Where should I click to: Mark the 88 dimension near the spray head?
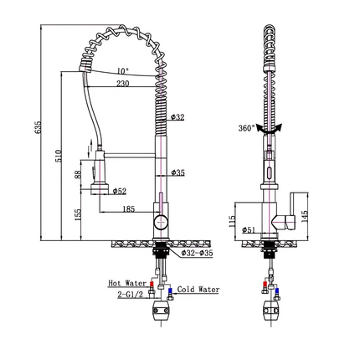point(79,173)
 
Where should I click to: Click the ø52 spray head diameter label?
point(120,192)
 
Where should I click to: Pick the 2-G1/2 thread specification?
point(132,295)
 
